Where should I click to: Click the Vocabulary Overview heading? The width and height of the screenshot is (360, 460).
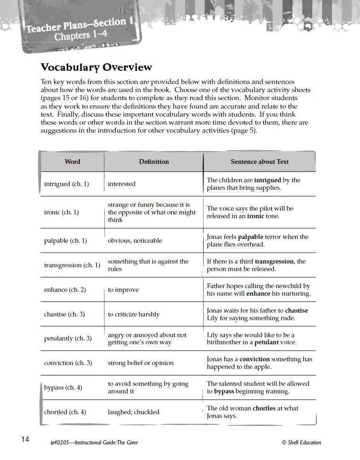coord(96,67)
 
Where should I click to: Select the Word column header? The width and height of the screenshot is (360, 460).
coord(72,162)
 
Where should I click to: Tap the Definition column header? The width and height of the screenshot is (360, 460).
coord(154,162)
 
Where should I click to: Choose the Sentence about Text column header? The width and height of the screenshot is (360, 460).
coord(259,162)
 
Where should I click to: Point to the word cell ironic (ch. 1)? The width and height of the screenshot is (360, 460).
coord(61,213)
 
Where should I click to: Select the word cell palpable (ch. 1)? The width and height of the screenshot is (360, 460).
coord(65,241)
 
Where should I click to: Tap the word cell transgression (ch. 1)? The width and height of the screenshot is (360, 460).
coord(72,265)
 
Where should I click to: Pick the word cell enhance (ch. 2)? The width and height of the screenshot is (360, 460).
coord(65,290)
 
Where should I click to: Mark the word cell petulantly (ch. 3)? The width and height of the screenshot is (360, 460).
coord(68,339)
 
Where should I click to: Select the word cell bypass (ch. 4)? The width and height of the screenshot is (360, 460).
coord(63,388)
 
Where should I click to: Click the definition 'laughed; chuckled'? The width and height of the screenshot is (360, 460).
coord(134,412)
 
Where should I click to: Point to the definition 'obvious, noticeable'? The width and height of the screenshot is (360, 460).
coord(135,241)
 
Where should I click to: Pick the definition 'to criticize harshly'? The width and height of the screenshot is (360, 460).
coord(134,315)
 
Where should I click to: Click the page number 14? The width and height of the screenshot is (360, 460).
coord(25,440)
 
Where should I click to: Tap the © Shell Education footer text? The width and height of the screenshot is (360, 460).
coord(301,443)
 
